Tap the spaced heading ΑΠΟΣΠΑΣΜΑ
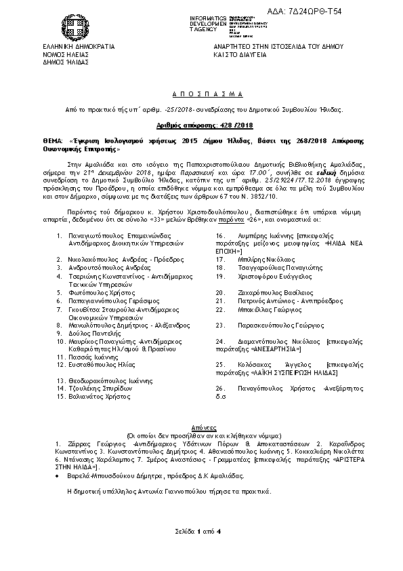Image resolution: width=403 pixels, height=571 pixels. (201, 94)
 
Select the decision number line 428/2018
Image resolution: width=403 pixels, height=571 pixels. (201, 125)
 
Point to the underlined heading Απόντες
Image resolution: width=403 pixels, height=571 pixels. (201, 429)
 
